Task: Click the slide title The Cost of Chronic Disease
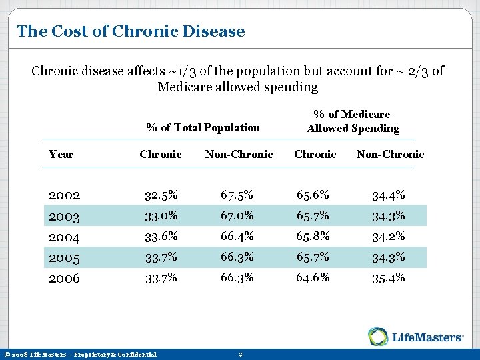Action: point(131,31)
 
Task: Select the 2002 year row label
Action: point(64,195)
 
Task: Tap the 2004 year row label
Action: point(64,237)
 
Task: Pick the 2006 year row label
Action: point(64,278)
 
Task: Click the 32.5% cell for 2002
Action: point(161,195)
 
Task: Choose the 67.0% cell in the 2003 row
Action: point(237,216)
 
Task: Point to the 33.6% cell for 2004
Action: point(161,237)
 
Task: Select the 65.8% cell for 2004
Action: point(313,237)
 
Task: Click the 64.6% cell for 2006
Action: point(313,278)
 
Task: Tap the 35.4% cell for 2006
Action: point(389,278)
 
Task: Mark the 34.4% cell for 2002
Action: point(389,195)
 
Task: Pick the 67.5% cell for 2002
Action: point(237,195)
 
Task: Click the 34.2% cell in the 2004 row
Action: point(389,237)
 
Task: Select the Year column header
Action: point(61,154)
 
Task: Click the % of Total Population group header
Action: point(203,127)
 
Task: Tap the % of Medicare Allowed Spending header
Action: point(353,121)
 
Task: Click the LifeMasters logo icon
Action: point(379,337)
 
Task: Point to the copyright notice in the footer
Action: point(80,354)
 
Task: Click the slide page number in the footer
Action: point(240,354)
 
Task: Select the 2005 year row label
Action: point(64,257)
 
